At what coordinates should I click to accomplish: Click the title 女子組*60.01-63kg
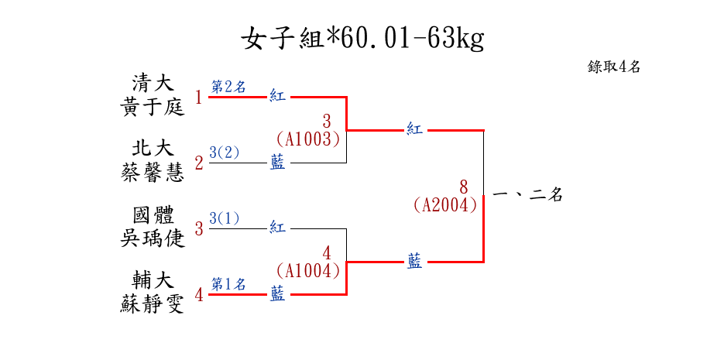click(362, 39)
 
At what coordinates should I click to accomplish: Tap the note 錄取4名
click(614, 67)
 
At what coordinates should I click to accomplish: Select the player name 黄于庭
click(153, 106)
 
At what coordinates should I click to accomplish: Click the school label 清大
click(153, 82)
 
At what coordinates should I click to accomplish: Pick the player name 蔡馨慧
click(153, 172)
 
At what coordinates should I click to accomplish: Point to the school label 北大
click(153, 148)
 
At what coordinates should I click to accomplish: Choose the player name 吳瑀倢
click(153, 238)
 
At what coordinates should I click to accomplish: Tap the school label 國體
click(153, 214)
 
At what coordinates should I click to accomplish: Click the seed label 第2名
click(228, 87)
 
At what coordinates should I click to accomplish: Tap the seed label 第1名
click(228, 284)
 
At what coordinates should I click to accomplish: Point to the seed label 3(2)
click(225, 153)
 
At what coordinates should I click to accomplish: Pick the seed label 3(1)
click(225, 218)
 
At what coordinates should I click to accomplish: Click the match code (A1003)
click(308, 139)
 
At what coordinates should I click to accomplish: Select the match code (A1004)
click(308, 270)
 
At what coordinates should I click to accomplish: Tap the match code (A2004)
click(444, 205)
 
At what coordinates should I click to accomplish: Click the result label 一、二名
click(527, 196)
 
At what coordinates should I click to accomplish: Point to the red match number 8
click(463, 187)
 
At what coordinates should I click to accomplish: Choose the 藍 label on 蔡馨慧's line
click(277, 163)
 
